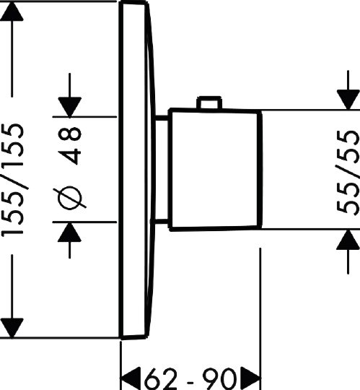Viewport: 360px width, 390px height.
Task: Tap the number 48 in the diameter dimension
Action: pyautogui.click(x=70, y=145)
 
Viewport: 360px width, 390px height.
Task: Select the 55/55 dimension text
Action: pyautogui.click(x=348, y=172)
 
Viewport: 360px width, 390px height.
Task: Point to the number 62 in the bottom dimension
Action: pyautogui.click(x=161, y=378)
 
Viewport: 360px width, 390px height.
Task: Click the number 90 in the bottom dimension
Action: pyautogui.click(x=219, y=378)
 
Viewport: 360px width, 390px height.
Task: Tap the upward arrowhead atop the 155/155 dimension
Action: pyautogui.click(x=12, y=11)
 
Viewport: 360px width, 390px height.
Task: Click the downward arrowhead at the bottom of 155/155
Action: pyautogui.click(x=12, y=328)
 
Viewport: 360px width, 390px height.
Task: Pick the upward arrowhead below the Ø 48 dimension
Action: pyautogui.click(x=69, y=232)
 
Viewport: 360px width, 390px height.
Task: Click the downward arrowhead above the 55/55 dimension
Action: pyautogui.click(x=348, y=100)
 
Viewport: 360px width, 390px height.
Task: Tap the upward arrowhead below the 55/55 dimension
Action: pyautogui.click(x=348, y=239)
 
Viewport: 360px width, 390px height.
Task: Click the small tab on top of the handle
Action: pyautogui.click(x=209, y=103)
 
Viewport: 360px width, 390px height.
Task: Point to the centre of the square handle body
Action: pyautogui.click(x=215, y=169)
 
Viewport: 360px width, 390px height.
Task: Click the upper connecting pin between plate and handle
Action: pyautogui.click(x=162, y=118)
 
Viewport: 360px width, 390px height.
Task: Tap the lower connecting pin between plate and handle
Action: pyautogui.click(x=161, y=222)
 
